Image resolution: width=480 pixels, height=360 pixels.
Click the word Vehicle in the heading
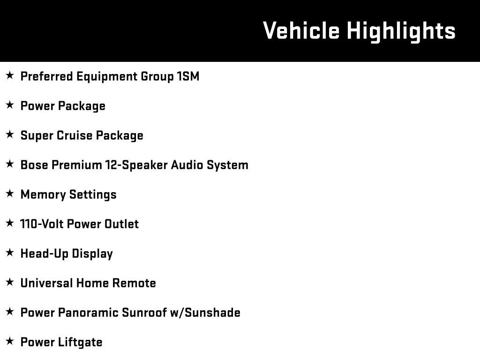pyautogui.click(x=301, y=30)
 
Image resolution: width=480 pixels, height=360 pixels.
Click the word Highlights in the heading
pyautogui.click(x=401, y=32)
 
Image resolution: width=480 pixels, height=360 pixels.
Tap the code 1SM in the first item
pyautogui.click(x=188, y=76)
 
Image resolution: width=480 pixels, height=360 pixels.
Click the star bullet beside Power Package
pyautogui.click(x=10, y=105)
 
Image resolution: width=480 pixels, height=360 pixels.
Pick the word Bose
pyautogui.click(x=34, y=165)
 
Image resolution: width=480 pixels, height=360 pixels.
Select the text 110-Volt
pyautogui.click(x=42, y=224)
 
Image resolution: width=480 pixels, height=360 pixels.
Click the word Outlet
pyautogui.click(x=121, y=224)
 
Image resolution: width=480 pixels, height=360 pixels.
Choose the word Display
pyautogui.click(x=92, y=254)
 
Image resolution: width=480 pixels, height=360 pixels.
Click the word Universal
pyautogui.click(x=46, y=283)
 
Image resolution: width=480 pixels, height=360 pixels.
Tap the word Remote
pyautogui.click(x=134, y=283)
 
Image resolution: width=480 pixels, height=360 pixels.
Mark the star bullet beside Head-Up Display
pyautogui.click(x=10, y=253)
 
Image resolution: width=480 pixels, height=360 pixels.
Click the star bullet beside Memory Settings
pyautogui.click(x=10, y=194)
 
